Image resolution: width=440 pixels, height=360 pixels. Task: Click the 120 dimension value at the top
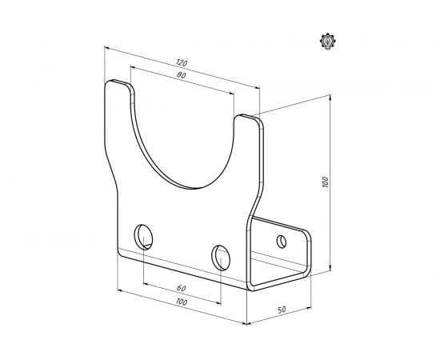[182, 63]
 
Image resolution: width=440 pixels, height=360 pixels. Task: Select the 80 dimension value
[182, 75]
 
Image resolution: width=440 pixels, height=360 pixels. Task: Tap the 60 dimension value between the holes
[182, 288]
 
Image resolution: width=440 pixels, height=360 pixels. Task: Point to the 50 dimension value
[282, 310]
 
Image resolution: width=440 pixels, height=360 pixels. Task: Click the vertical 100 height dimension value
[326, 182]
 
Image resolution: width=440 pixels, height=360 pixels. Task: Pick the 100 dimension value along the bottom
[182, 302]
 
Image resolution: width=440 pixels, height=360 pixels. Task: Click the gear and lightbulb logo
[328, 42]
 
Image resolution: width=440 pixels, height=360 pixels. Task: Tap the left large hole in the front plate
[143, 237]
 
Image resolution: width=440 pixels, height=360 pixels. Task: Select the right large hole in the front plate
[221, 258]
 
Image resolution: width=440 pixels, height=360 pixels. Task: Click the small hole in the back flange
[282, 242]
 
